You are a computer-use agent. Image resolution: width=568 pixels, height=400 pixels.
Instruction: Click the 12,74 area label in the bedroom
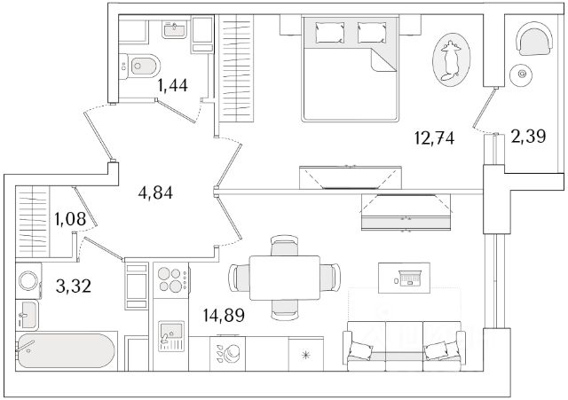pyautogui.click(x=434, y=138)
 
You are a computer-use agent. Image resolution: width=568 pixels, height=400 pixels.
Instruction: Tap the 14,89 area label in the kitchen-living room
pyautogui.click(x=224, y=315)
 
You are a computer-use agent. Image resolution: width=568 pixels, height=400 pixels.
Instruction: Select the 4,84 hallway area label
pyautogui.click(x=155, y=192)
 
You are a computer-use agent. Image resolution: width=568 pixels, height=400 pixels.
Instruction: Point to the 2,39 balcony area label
pyautogui.click(x=529, y=137)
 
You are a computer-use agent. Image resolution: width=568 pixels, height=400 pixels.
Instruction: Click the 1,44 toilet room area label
pyautogui.click(x=172, y=85)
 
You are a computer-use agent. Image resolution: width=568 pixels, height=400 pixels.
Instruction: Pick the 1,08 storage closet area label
pyautogui.click(x=70, y=219)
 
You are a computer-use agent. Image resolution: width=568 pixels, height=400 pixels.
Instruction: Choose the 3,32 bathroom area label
pyautogui.click(x=74, y=286)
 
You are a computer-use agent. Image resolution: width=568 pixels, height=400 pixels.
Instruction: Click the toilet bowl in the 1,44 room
pyautogui.click(x=140, y=66)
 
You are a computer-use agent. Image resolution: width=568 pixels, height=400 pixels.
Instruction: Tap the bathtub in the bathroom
pyautogui.click(x=66, y=351)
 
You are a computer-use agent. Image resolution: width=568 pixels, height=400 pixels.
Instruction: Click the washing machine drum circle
pyautogui.click(x=28, y=280)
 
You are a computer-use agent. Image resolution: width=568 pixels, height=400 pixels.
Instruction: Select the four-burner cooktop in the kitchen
pyautogui.click(x=171, y=280)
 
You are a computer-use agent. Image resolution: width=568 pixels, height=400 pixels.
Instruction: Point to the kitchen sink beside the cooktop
pyautogui.click(x=171, y=336)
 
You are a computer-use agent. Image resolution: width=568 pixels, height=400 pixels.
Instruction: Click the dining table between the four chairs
pyautogui.click(x=285, y=278)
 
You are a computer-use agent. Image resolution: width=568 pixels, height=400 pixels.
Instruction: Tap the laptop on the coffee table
pyautogui.click(x=409, y=278)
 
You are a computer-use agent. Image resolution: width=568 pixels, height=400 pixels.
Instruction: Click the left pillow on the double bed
pyautogui.click(x=329, y=32)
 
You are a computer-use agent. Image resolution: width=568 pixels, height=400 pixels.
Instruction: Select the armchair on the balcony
pyautogui.click(x=535, y=39)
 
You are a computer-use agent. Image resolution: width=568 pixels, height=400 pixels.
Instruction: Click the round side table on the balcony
pyautogui.click(x=522, y=74)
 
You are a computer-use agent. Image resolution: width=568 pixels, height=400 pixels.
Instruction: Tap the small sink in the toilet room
pyautogui.click(x=175, y=28)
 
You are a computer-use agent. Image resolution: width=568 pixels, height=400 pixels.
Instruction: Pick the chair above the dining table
pyautogui.click(x=285, y=246)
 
